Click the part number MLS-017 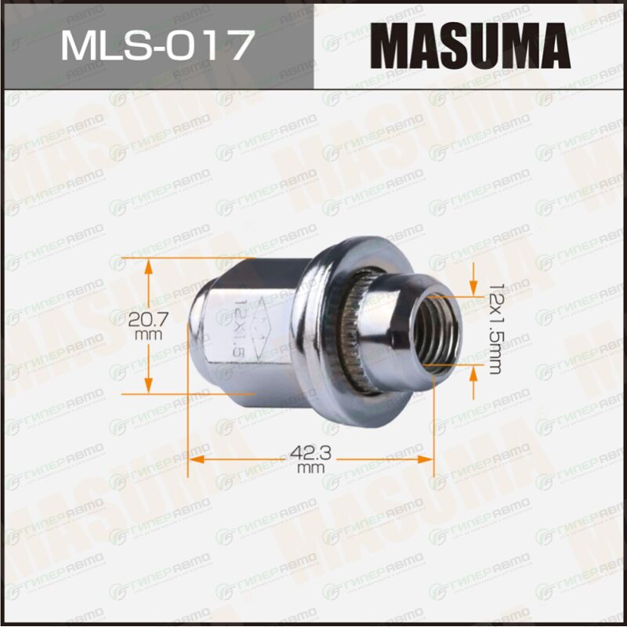(x=158, y=45)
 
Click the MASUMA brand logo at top (x=470, y=45)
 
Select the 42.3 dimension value (x=310, y=454)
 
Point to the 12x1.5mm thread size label (x=496, y=329)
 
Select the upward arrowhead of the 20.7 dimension (x=148, y=266)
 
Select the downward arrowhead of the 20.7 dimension (x=148, y=385)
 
